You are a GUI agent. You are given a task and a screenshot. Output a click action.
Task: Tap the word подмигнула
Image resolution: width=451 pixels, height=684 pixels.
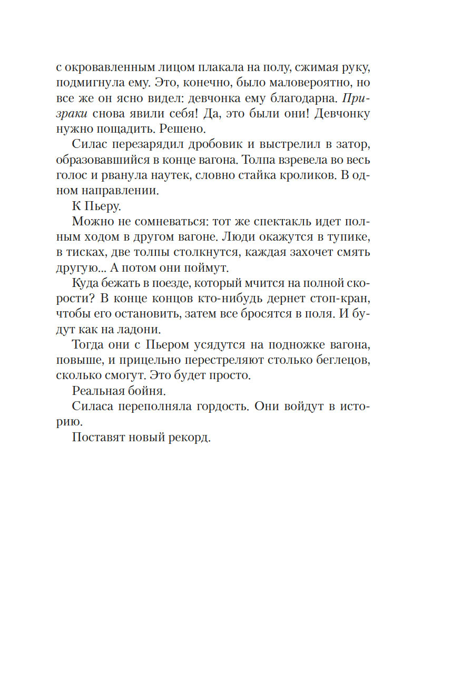coord(95,83)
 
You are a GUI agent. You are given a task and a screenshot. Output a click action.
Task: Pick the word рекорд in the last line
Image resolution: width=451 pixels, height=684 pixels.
coord(185,438)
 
